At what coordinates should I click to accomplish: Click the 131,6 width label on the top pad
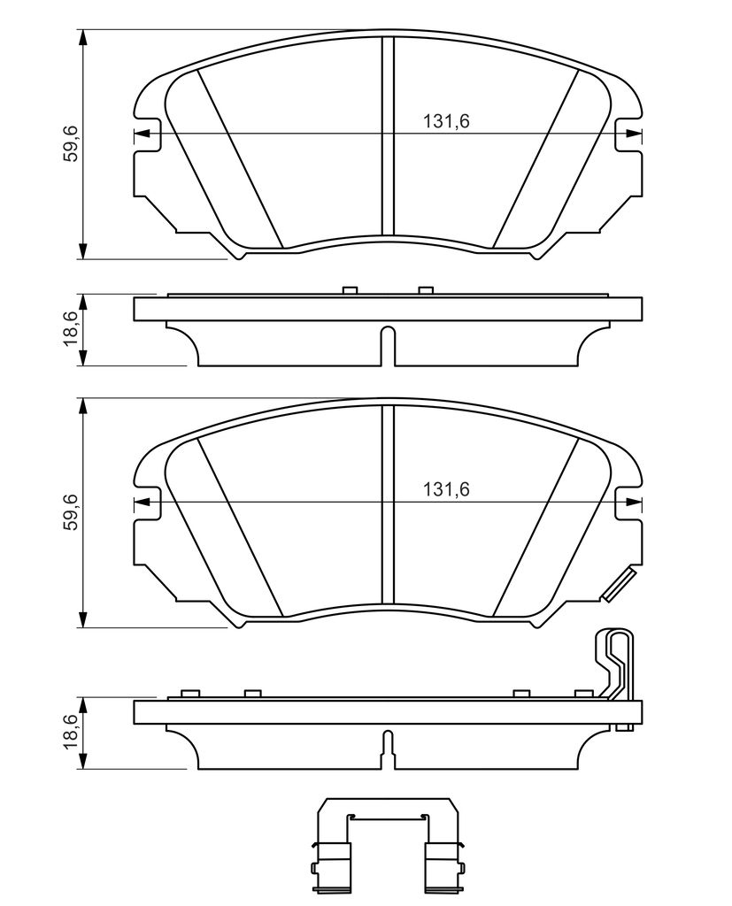click(x=446, y=122)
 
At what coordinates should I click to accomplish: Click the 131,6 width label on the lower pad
click(x=446, y=489)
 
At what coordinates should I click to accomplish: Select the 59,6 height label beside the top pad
click(x=71, y=144)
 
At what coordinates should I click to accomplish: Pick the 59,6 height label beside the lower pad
click(x=71, y=513)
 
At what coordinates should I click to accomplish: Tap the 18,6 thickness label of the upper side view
click(x=71, y=329)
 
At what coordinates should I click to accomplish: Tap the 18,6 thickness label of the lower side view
click(x=71, y=733)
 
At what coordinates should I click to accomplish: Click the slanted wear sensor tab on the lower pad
click(x=617, y=586)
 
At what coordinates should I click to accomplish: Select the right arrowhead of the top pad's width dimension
click(x=634, y=134)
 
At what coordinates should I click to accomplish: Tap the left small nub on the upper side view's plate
click(x=349, y=290)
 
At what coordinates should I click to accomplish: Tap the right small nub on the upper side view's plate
click(x=426, y=290)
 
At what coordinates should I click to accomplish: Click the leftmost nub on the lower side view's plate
click(x=187, y=694)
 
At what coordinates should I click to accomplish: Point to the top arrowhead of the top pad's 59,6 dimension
click(x=83, y=37)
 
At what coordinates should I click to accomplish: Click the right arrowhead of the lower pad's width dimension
click(x=634, y=503)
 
